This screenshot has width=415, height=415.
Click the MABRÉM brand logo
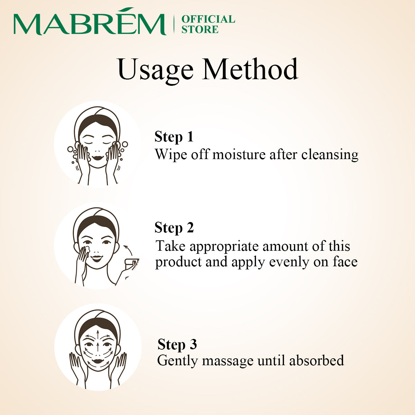coord(89,24)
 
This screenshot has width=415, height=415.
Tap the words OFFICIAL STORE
coord(208,24)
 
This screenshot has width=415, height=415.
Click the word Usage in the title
coord(155,70)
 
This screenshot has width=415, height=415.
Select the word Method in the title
coord(250,70)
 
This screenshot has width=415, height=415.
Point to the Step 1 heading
coord(174,137)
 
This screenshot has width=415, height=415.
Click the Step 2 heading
coord(174,228)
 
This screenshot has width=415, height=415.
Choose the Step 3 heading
coord(177,344)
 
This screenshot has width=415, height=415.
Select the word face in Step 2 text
coord(345,262)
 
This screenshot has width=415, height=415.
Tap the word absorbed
coord(316,360)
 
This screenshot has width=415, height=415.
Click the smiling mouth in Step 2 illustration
coord(97,258)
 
